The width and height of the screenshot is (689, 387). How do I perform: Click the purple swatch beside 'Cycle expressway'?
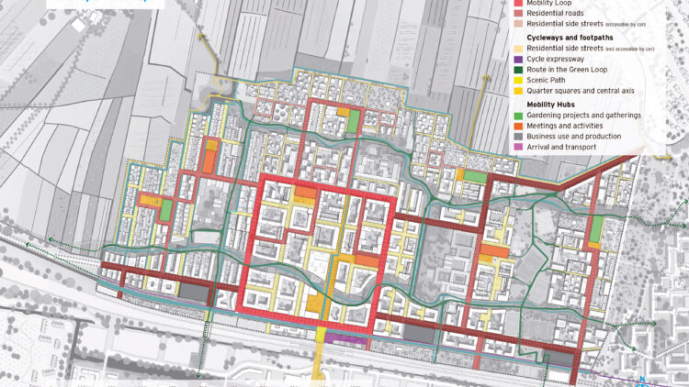pos(519,59)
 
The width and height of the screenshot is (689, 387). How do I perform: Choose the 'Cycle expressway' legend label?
pos(560,59)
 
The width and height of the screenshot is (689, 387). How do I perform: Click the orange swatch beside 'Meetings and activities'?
pos(519,125)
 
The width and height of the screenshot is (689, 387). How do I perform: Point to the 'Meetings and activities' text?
pos(570,125)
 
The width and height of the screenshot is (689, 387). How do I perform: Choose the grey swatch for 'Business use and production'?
pos(519,136)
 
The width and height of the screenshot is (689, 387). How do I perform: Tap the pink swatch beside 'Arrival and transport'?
pos(519,146)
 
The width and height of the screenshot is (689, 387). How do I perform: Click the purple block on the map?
pos(346,341)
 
